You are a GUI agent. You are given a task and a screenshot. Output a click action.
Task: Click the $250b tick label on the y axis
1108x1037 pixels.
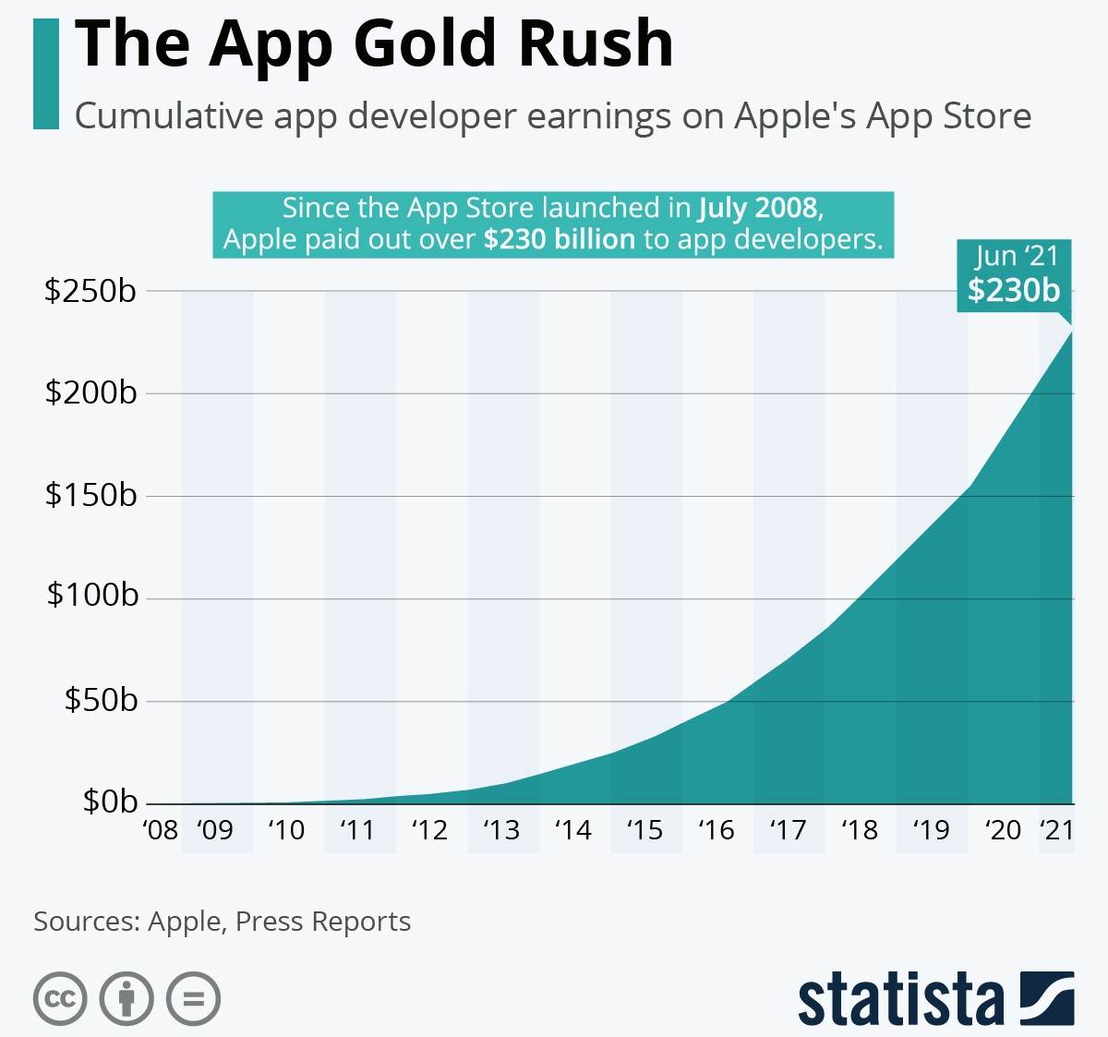[90, 291]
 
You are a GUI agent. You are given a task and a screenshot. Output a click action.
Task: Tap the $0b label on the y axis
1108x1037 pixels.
[110, 801]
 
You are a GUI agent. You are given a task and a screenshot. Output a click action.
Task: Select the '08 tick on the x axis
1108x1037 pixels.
[161, 830]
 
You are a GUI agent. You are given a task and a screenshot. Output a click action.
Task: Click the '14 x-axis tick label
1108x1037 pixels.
[572, 830]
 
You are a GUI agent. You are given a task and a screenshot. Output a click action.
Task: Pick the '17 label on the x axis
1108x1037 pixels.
[788, 830]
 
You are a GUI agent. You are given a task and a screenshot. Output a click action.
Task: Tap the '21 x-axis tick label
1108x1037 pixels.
[1056, 830]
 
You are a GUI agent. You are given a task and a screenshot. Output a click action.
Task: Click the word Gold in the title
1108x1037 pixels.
[425, 43]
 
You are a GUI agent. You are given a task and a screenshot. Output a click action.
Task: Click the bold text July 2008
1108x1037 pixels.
[759, 208]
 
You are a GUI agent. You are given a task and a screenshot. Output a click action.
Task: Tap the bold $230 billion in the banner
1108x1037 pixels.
[560, 239]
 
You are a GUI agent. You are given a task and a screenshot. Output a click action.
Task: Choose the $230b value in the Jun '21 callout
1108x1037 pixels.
[1014, 290]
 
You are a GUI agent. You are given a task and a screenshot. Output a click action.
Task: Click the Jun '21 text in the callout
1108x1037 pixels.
[1016, 256]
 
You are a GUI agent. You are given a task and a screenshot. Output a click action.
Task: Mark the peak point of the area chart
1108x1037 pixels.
[1072, 331]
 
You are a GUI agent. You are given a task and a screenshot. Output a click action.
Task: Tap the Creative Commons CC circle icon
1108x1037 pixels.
[60, 998]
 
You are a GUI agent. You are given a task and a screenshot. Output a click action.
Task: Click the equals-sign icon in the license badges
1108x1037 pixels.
[193, 998]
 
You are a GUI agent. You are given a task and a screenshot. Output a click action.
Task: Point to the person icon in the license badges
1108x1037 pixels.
[126, 998]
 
